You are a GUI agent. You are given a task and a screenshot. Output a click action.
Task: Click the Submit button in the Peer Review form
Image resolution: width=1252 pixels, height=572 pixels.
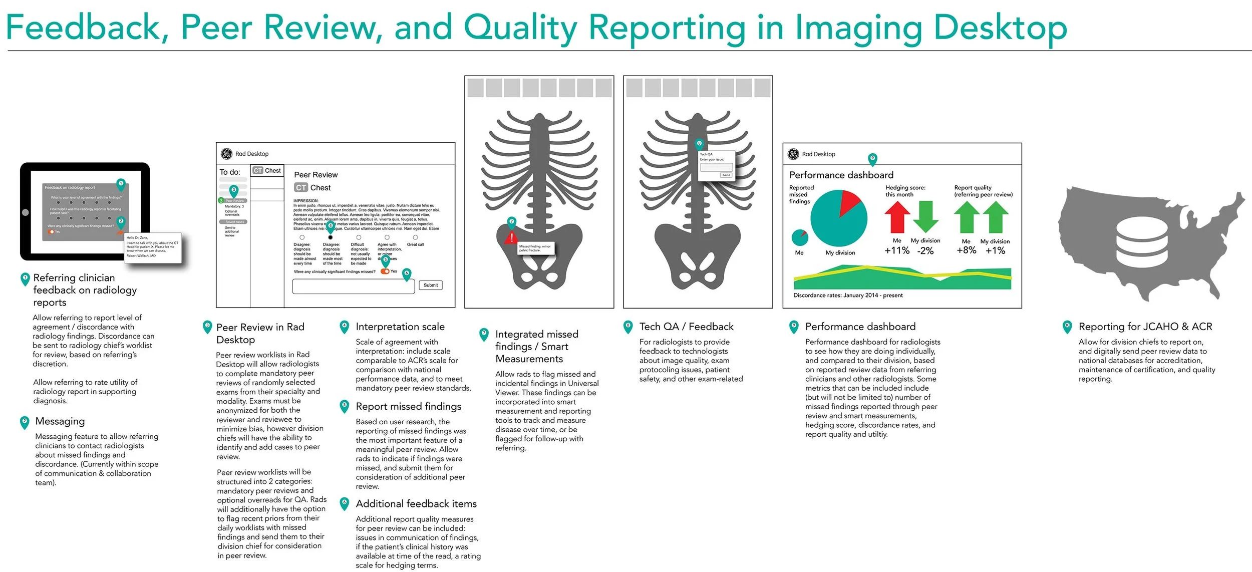point(430,285)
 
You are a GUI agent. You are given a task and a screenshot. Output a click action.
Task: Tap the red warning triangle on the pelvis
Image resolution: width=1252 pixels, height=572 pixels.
point(511,238)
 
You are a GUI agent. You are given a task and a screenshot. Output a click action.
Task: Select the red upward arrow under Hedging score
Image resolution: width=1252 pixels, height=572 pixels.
point(897,217)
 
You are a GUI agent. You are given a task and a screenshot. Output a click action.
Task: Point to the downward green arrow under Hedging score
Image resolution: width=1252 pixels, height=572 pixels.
point(926,216)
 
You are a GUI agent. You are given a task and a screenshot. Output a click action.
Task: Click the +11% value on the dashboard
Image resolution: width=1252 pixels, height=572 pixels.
point(896,250)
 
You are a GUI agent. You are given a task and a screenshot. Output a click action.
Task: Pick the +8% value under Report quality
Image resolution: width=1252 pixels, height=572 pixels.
point(966,250)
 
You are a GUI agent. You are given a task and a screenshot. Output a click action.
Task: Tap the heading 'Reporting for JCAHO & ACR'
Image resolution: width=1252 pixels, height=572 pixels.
point(1145,327)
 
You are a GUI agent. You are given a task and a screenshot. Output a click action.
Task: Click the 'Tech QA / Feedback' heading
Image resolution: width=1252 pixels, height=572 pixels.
point(686,327)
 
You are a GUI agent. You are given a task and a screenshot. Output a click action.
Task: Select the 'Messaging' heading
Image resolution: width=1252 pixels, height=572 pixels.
point(60,421)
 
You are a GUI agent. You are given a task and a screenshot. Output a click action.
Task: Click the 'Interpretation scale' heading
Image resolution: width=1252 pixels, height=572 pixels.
point(400,327)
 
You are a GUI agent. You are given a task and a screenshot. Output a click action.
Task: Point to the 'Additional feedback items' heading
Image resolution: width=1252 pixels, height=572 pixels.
point(416,504)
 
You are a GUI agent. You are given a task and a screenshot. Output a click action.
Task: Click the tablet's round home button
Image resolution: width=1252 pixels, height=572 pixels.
point(26,212)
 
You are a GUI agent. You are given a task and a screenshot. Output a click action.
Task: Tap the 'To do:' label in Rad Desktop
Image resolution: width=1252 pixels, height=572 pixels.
point(230,172)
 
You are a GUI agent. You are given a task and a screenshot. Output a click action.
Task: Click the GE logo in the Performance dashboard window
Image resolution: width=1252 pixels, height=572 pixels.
point(793,154)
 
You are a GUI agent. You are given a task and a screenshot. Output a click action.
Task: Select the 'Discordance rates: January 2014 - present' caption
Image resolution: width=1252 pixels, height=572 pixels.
point(848,296)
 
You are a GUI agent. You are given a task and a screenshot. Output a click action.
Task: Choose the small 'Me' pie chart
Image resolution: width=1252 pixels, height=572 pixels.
point(800,237)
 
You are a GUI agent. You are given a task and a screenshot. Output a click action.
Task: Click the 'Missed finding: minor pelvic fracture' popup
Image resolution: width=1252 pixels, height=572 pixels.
point(536,247)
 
